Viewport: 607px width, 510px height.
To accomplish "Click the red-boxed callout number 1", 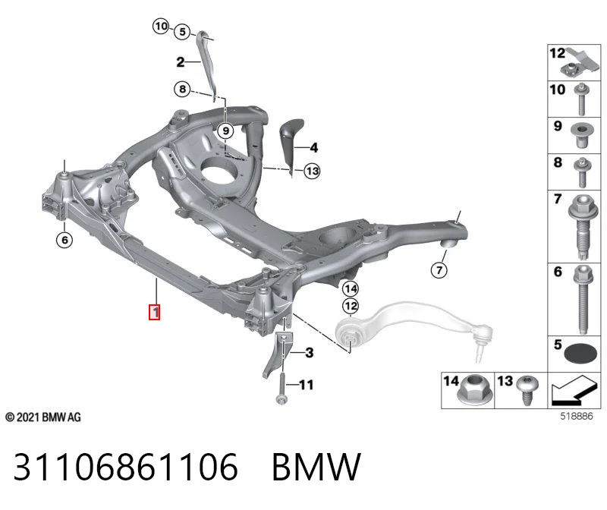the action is coord(155,312).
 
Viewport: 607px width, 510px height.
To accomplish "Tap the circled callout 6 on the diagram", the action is coord(64,240).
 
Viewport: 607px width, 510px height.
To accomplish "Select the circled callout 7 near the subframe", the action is coord(439,269).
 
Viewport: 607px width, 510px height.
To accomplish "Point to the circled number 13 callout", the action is coord(312,171).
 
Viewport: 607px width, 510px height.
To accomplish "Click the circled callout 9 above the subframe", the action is coord(225,131).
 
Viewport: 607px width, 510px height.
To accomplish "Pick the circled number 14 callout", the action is coord(351,288).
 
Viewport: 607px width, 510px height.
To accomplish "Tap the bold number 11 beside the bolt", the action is coord(306,385).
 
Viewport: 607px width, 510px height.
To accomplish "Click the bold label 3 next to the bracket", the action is coord(309,353).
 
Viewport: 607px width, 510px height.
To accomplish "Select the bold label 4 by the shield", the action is coord(314,147).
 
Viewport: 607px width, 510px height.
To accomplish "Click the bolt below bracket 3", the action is coord(281,388).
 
